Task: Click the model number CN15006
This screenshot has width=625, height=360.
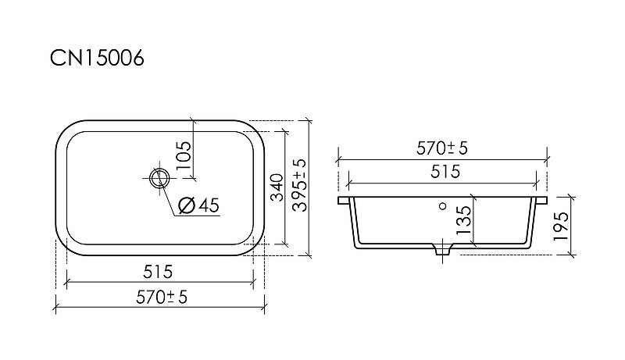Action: tap(97, 59)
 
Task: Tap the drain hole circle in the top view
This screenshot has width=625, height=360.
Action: tap(159, 178)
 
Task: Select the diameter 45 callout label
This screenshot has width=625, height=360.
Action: tap(199, 205)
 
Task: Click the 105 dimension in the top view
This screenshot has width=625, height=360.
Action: tap(184, 155)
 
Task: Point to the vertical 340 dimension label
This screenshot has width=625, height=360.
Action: tap(277, 187)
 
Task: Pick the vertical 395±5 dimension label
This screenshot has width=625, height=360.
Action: tap(300, 185)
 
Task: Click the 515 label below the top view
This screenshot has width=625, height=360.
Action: tap(158, 272)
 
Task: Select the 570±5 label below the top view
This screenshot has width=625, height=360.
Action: tap(162, 297)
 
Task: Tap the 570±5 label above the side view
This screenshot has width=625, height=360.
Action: tap(441, 148)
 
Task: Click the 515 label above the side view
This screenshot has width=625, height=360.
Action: tap(445, 172)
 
